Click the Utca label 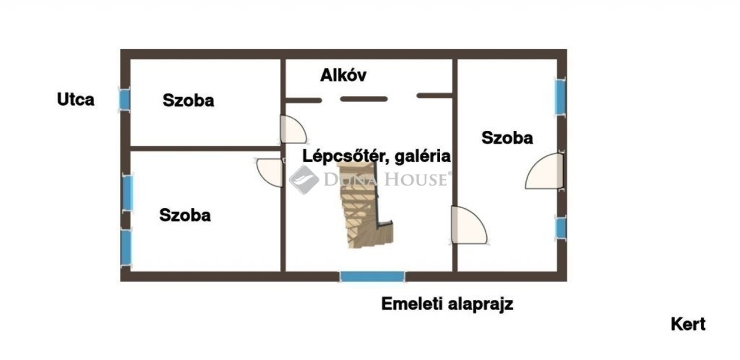[x=76, y=99]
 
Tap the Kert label [x=688, y=325]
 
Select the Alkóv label [x=343, y=76]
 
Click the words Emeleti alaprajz [x=447, y=304]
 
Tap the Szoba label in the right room [x=507, y=137]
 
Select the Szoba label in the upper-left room [x=188, y=100]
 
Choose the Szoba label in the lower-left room [x=185, y=215]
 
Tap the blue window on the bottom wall [x=372, y=277]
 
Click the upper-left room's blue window [x=124, y=99]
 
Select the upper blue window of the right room [x=559, y=97]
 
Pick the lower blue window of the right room [x=560, y=227]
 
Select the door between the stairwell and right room [x=467, y=226]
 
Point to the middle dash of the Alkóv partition [x=364, y=98]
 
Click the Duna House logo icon [x=304, y=179]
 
